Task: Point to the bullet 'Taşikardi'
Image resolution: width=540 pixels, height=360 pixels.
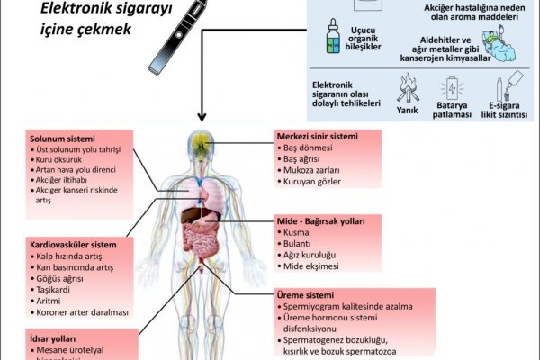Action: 52,289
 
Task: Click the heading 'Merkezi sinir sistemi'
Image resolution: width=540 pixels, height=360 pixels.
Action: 317,137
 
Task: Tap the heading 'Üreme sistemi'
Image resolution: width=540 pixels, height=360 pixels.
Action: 305,294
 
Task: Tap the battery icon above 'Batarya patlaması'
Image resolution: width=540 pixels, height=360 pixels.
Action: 451,86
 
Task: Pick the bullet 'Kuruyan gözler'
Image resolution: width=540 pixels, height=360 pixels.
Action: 310,182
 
